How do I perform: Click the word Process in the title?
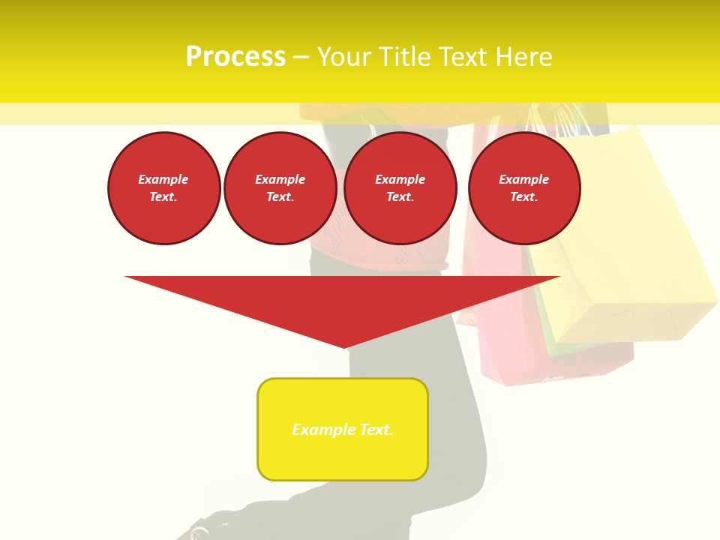coord(235,57)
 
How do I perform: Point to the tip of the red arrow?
coord(344,346)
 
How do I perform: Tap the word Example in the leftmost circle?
coord(163,179)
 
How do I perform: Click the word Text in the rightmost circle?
coord(523,196)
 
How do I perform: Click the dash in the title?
coord(301,57)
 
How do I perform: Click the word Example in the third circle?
coord(400,179)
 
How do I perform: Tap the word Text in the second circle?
coord(280,196)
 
